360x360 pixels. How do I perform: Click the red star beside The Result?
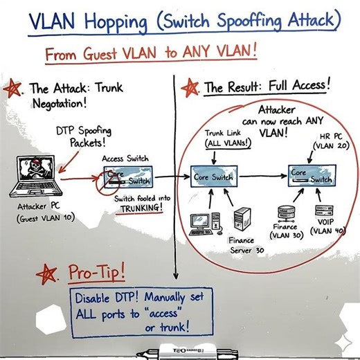187,88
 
